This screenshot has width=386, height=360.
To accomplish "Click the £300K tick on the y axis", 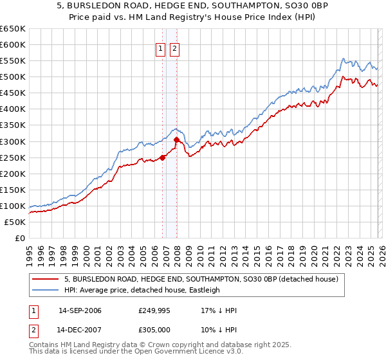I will (13, 141).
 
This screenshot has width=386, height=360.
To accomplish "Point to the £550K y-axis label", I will (13, 61).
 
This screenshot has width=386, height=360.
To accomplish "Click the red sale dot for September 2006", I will (163, 157).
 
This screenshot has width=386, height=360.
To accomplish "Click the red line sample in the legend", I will (44, 280).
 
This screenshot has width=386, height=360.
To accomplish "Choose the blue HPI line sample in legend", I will (44, 290).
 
